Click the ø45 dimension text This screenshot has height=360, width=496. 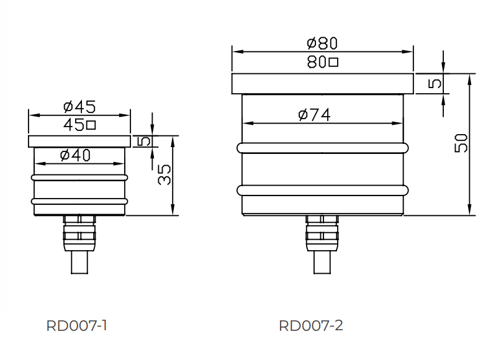click(x=79, y=106)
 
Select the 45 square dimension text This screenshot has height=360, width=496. click(x=79, y=125)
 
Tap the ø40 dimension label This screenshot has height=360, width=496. click(x=75, y=156)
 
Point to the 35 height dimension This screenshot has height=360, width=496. click(x=164, y=176)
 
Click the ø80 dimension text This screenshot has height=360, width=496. click(x=322, y=43)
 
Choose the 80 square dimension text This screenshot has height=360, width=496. click(x=322, y=62)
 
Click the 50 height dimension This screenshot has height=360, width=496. click(x=461, y=144)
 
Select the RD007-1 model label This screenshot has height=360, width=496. click(x=77, y=326)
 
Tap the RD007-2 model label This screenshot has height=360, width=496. click(x=311, y=326)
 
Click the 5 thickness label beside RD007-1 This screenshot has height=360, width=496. click(x=143, y=142)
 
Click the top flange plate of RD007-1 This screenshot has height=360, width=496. click(x=79, y=142)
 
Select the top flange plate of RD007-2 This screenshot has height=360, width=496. click(x=322, y=83)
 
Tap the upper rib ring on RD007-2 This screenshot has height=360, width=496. click(x=323, y=148)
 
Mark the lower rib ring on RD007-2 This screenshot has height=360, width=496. click(x=323, y=190)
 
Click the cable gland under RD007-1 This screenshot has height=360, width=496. click(x=79, y=233)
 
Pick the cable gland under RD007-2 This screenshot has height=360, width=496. click(x=322, y=233)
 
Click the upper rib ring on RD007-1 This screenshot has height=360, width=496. click(x=79, y=178)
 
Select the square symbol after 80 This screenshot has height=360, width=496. click(x=333, y=62)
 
